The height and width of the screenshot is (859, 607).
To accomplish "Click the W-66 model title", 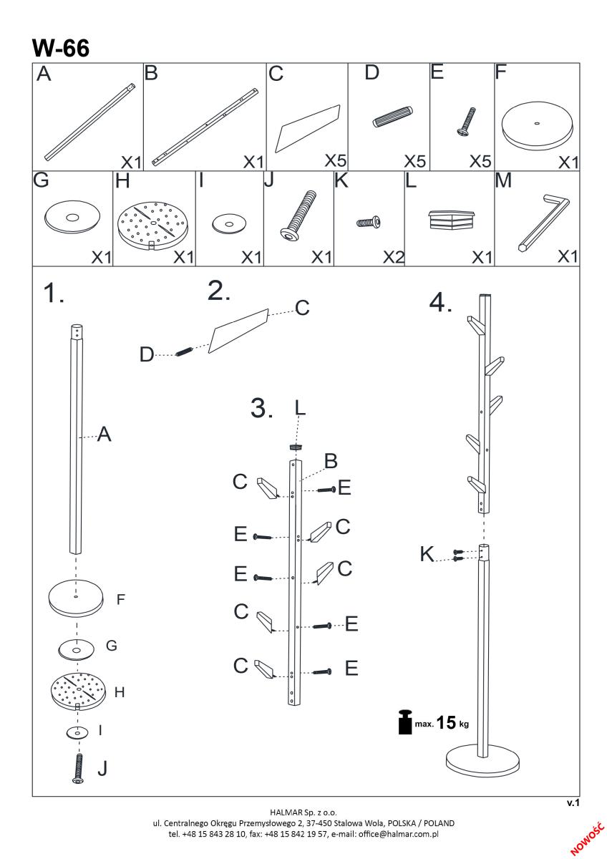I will coord(60,48).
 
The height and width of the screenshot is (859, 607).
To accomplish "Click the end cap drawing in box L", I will coord(452,219).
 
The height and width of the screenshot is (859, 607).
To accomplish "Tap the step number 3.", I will coord(262,408).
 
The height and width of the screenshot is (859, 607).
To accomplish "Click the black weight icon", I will coord(405,723).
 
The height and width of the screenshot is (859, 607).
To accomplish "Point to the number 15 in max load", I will coord(446,723).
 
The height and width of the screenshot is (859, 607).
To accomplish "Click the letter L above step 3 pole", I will coord(299,408).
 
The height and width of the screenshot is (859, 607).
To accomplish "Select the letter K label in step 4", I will coord(427,553).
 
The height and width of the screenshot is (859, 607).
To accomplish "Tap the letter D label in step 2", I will coord(147,354).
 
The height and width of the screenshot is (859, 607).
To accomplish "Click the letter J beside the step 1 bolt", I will coord(102,768).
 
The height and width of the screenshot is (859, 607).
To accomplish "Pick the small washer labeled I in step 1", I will coord(76,732).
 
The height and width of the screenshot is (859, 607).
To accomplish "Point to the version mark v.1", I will coord(572,804).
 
